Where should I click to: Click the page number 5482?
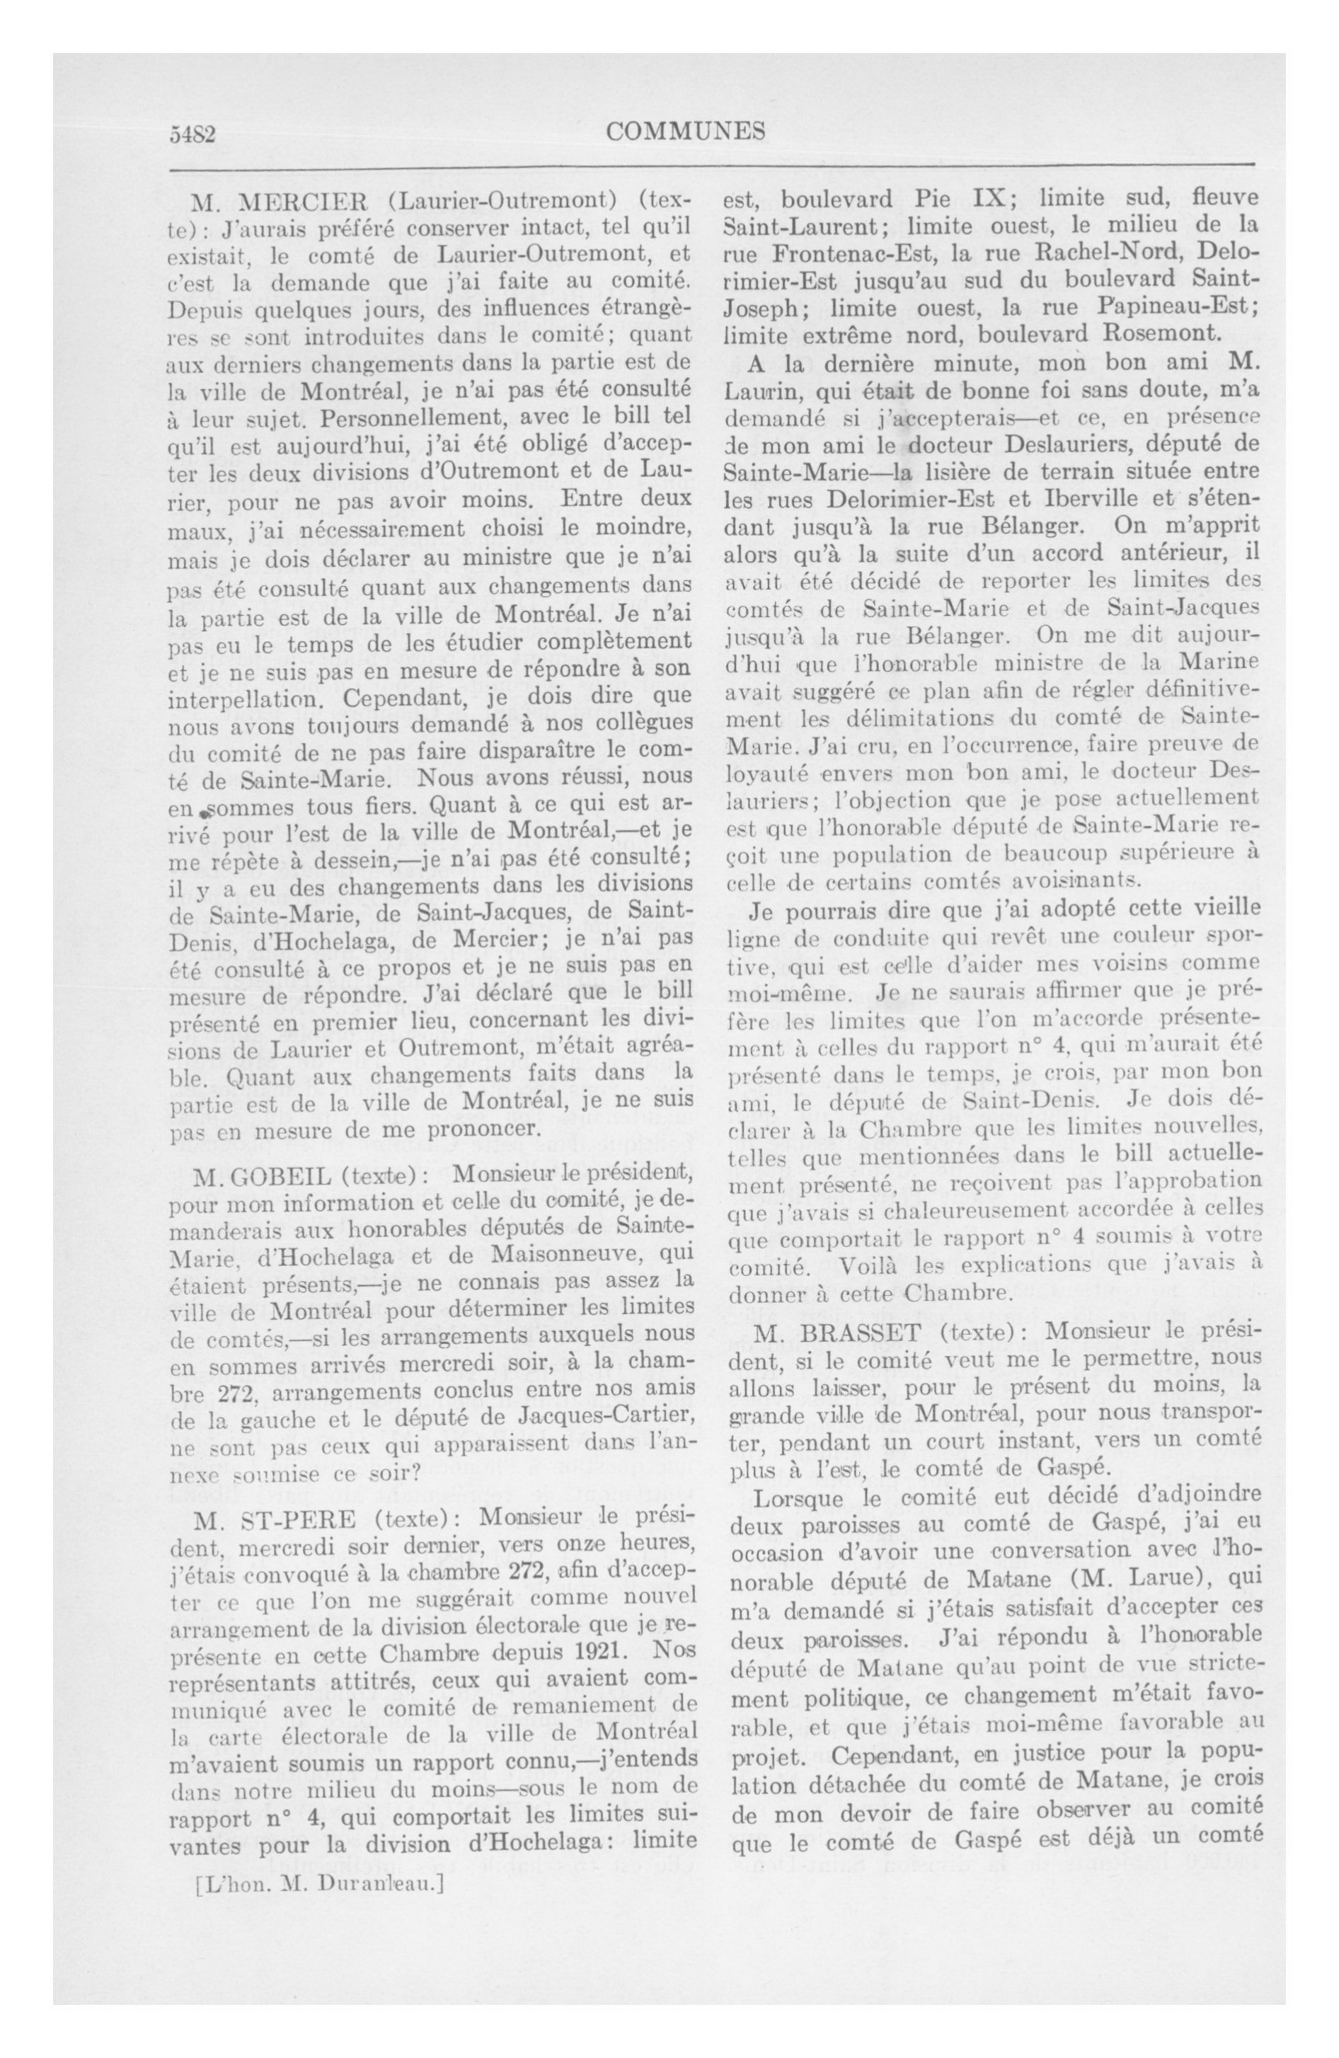(x=191, y=133)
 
